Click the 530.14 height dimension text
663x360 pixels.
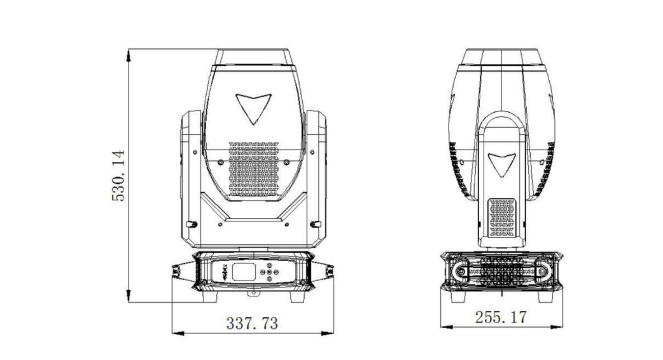tap(118, 176)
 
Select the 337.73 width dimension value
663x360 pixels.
tap(253, 323)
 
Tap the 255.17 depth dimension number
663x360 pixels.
tap(501, 317)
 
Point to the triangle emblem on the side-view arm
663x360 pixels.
tap(502, 165)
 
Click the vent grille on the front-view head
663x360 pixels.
tap(254, 169)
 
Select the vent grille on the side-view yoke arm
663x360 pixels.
tap(502, 218)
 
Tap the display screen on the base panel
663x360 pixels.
tap(243, 272)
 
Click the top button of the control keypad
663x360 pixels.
tap(269, 266)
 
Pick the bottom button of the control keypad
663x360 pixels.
tap(269, 278)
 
